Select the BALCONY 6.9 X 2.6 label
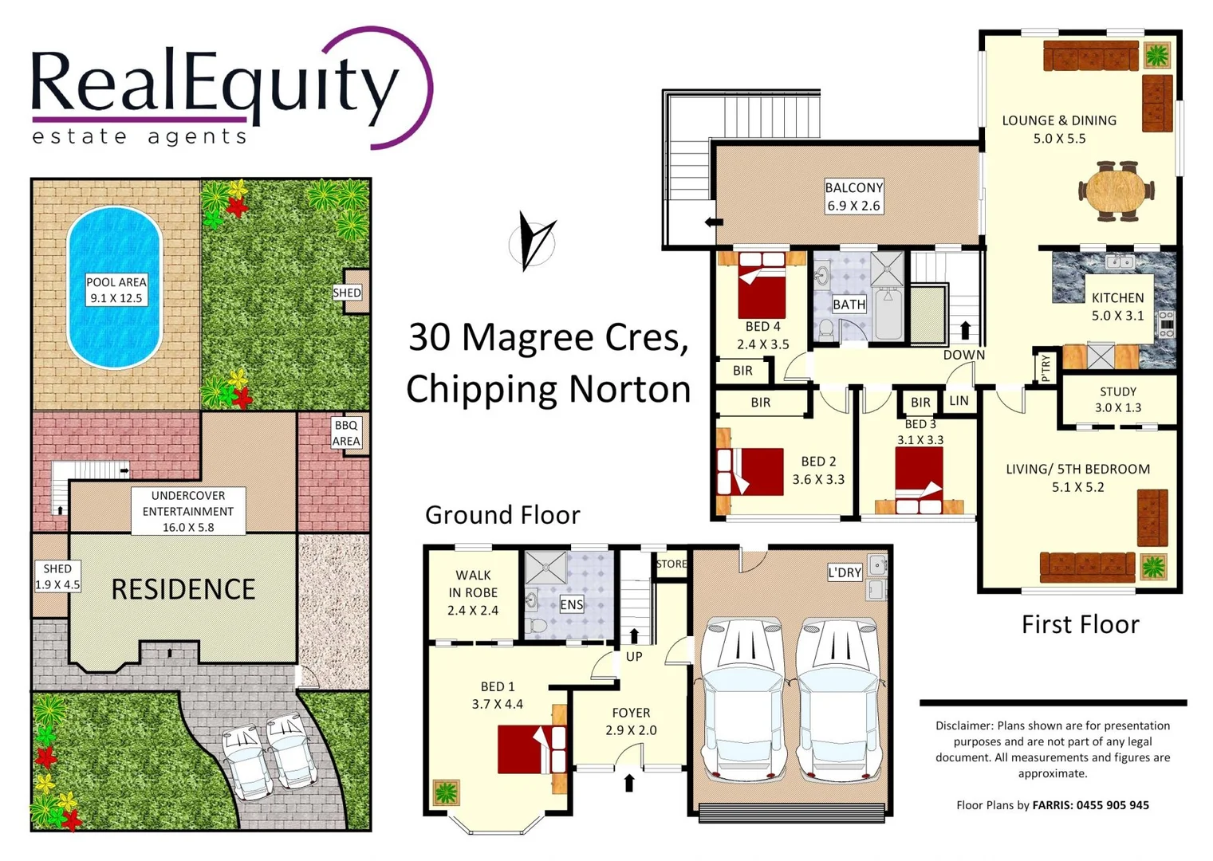click(x=853, y=196)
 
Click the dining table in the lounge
click(x=1116, y=191)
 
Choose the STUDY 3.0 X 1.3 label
click(x=1117, y=399)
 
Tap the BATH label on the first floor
click(x=849, y=305)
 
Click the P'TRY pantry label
click(x=1046, y=368)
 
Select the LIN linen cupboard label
click(x=959, y=401)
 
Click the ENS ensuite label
click(x=571, y=604)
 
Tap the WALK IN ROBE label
click(x=473, y=592)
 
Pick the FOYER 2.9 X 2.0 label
click(x=631, y=721)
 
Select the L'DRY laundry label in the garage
click(x=845, y=572)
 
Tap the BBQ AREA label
click(x=346, y=433)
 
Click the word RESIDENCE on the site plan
click(x=183, y=589)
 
